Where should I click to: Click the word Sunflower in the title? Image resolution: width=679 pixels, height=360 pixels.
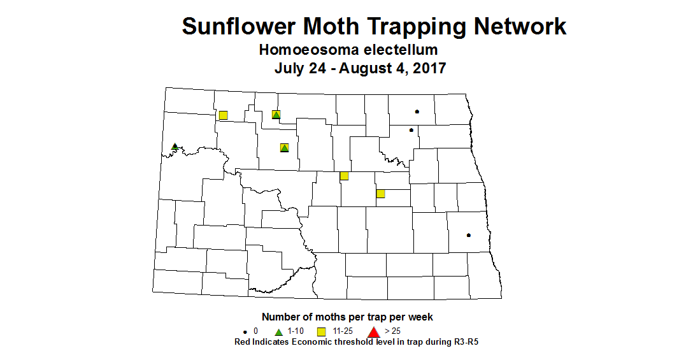(x=239, y=26)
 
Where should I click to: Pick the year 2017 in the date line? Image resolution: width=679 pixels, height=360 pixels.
(x=429, y=68)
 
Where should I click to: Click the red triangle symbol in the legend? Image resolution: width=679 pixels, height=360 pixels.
(x=374, y=331)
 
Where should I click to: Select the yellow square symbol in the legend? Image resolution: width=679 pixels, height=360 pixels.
(x=322, y=331)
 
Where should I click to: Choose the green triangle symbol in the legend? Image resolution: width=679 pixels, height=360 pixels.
(x=278, y=331)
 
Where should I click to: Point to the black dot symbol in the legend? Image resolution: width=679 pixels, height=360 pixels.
(x=245, y=332)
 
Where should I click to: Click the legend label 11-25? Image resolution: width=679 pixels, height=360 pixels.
(x=343, y=331)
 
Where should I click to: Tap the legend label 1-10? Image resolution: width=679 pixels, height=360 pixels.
(x=296, y=331)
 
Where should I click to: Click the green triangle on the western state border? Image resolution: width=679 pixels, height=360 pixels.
(x=175, y=147)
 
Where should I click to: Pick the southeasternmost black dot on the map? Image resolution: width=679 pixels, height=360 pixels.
(x=469, y=235)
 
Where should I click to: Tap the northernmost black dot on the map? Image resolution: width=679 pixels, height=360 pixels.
(x=417, y=112)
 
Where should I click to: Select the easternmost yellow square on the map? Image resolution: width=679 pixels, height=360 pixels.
(x=380, y=194)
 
